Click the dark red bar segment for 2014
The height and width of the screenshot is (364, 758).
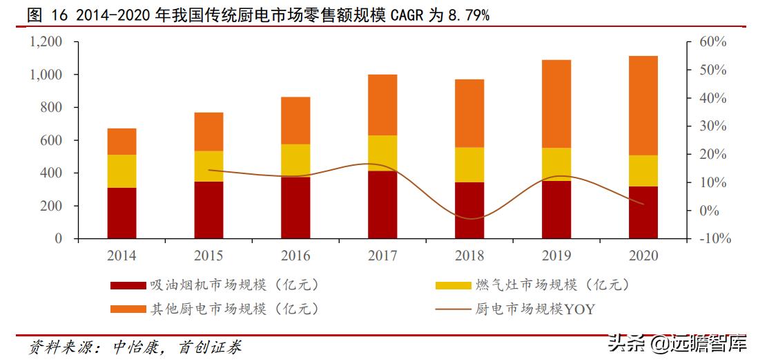tap(122, 213)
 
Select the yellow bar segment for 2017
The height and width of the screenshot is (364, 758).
tap(382, 153)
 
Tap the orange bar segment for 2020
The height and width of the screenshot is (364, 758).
tap(643, 105)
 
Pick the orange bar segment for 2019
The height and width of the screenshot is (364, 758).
tap(556, 104)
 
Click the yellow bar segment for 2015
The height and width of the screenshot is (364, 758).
tap(208, 166)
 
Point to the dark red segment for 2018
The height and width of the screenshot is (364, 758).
tap(469, 210)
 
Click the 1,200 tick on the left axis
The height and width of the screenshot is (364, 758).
tap(46, 42)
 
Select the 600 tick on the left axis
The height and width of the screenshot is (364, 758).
tap(53, 140)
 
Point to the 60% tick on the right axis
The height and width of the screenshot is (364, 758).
tap(713, 42)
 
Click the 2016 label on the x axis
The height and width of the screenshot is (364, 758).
tap(295, 256)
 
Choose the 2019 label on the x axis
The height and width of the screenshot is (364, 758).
tap(556, 256)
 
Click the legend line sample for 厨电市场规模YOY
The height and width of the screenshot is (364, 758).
tap(451, 309)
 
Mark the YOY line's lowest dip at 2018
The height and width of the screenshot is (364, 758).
tap(469, 219)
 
